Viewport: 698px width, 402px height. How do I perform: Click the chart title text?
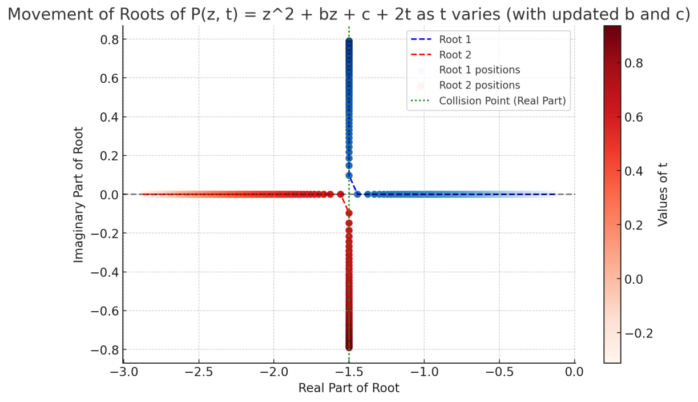coord(349,14)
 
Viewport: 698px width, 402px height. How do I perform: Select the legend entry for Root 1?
coord(455,39)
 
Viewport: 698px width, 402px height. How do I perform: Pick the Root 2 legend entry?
coord(455,55)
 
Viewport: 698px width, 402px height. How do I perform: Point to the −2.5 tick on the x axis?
coord(199,373)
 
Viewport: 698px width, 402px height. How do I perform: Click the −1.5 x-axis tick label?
coord(349,373)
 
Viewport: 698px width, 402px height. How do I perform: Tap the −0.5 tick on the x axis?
coord(499,373)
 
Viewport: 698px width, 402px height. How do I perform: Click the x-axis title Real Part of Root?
coord(349,388)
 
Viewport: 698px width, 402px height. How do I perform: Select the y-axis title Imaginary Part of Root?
coord(79,194)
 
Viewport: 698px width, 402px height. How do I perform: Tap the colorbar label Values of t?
coord(663,194)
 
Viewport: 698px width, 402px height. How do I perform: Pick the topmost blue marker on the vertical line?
coord(349,42)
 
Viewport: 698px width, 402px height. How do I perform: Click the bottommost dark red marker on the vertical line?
coord(349,347)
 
